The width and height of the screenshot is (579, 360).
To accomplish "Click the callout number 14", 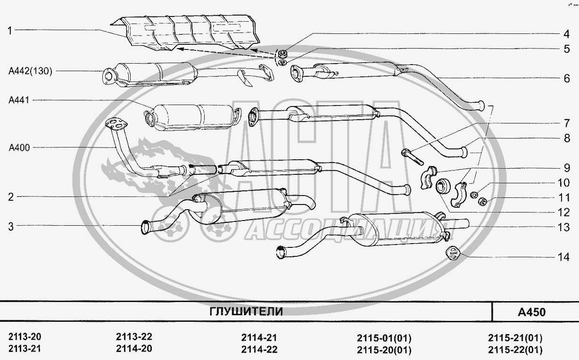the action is [x=563, y=257].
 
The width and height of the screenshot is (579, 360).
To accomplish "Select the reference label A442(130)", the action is [x=31, y=71].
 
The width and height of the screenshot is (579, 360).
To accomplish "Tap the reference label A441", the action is [x=19, y=100].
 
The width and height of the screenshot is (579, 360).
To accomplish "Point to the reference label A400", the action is [x=19, y=147].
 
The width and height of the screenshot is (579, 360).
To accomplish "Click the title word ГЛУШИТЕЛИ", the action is [x=246, y=312].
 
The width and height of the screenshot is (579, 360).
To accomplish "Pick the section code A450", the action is [x=532, y=312].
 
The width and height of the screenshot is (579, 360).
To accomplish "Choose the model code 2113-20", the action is [x=25, y=337].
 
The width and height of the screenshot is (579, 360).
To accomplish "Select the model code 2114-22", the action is [x=259, y=350].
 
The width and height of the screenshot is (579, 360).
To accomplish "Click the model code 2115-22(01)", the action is [x=515, y=350].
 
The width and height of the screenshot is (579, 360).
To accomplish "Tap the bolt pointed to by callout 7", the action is [x=412, y=157].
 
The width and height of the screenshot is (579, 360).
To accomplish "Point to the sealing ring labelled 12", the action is [x=443, y=187].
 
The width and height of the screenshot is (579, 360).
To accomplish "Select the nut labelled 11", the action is [x=482, y=201].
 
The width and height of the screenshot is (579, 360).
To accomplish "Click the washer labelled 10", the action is [x=473, y=195].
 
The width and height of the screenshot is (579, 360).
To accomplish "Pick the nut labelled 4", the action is [x=282, y=54].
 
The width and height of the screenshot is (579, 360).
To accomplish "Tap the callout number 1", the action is [x=10, y=31].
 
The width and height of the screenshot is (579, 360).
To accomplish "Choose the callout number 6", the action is [x=567, y=79].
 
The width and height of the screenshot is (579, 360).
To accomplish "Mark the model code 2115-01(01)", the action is [x=384, y=338].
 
